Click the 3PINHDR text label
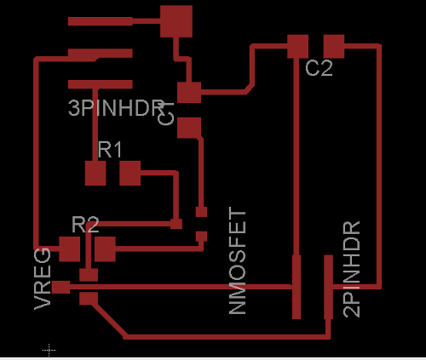[x=115, y=108]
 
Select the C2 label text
[x=319, y=69]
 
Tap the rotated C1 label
[x=167, y=112]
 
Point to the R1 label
[x=110, y=151]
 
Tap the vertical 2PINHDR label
[x=351, y=269]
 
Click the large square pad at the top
[x=176, y=20]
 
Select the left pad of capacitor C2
[x=297, y=45]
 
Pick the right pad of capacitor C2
[x=333, y=45]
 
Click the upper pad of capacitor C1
[x=188, y=92]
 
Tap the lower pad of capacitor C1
[x=188, y=128]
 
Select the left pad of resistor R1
[x=95, y=174]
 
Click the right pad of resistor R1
[x=130, y=174]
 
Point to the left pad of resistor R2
[x=69, y=249]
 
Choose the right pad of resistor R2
[x=105, y=249]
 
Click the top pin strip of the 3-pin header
[x=101, y=20]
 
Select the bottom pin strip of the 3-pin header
[x=101, y=83]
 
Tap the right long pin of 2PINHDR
[x=328, y=288]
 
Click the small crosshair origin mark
[x=49, y=349]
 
